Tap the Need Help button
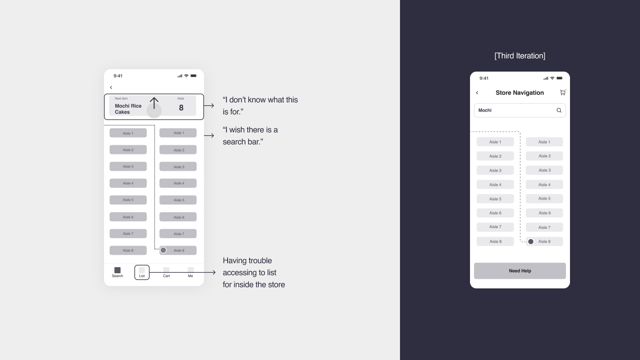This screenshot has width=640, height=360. click(520, 270)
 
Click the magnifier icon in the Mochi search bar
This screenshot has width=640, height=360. click(559, 110)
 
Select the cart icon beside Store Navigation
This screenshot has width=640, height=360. click(562, 92)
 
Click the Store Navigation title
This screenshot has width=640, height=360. click(520, 92)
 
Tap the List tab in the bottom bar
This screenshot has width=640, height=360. click(142, 272)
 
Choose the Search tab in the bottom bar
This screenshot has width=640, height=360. click(118, 272)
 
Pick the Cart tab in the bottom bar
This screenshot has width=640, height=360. click(166, 272)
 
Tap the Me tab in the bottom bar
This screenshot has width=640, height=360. click(190, 272)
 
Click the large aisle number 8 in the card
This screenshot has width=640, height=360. click(181, 108)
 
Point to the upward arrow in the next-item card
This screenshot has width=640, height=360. click(154, 103)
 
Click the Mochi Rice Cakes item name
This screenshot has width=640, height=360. click(128, 109)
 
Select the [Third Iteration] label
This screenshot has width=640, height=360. click(520, 56)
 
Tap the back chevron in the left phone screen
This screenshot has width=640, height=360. click(111, 88)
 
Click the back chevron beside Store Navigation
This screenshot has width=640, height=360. click(477, 92)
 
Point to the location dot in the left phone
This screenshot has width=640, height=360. click(163, 250)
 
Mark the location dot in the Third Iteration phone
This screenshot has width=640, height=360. click(530, 242)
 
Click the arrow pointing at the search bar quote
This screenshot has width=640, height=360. click(209, 136)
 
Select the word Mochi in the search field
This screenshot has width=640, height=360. click(485, 110)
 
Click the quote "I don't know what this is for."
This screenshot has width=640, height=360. click(260, 106)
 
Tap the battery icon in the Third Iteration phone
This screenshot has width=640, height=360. click(560, 78)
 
